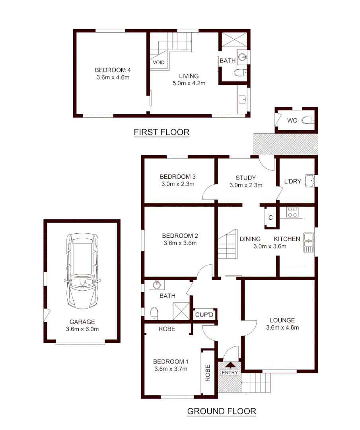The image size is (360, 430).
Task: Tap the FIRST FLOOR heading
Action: pos(162,132)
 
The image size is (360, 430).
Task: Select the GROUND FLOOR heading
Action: pos(222,411)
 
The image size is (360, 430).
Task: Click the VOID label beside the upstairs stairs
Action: pos(158,63)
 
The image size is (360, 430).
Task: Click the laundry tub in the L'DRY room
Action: pos(310,181)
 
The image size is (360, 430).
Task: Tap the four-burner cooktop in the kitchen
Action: pos(293,213)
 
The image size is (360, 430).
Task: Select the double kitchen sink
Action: pos(308,242)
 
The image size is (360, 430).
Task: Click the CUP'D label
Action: pos(204,315)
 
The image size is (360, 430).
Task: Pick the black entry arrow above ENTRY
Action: pos(230,364)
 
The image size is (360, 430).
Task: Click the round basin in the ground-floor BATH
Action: pos(157,285)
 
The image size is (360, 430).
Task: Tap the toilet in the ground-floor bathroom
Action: pos(154,313)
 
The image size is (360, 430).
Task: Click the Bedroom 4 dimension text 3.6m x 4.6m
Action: pos(113,77)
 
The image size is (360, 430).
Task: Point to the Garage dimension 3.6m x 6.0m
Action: pos(82,329)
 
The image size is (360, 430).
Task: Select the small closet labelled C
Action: pos(270,217)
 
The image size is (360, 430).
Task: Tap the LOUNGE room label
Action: pos(282,320)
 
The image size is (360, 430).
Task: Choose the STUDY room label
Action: pos(245,178)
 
